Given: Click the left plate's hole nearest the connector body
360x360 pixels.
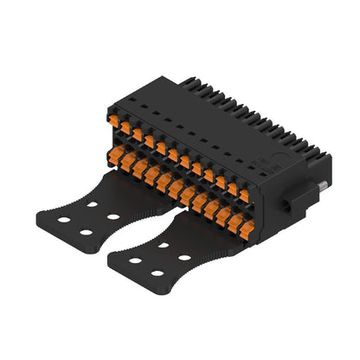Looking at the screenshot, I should [90, 205].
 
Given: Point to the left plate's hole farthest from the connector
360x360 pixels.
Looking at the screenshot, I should [84, 232].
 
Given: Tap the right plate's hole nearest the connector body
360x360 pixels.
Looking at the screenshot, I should [163, 245].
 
